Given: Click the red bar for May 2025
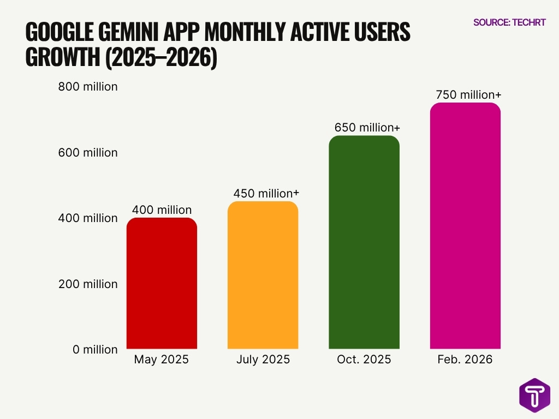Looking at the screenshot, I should point(162,283).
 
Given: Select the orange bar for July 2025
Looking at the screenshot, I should point(263,275).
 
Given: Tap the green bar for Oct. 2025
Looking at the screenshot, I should point(364,242).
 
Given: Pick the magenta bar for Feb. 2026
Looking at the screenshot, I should point(465,226).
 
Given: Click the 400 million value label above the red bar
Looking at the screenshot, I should point(162,210).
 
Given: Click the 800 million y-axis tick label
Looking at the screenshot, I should point(88,87).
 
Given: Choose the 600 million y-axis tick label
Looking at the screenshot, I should point(88,153).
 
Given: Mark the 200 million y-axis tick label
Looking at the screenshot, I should point(88,284).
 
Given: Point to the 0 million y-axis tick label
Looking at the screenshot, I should point(95,350).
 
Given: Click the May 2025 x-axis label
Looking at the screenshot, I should point(162,360).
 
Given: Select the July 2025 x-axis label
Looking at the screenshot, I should point(263,360).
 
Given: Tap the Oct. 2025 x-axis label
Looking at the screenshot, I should point(364,360).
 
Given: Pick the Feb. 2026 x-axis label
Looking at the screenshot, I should point(465,360).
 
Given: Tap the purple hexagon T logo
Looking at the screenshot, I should point(534,396).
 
